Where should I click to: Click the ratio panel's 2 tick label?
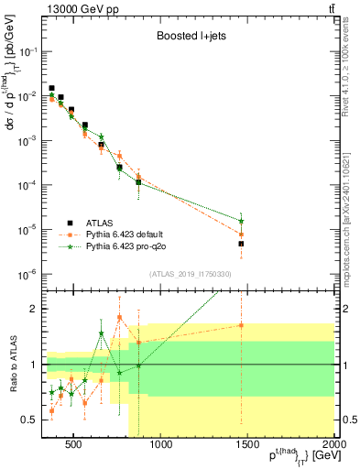click(x=33, y=309)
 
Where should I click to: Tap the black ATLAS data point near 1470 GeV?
click(x=242, y=244)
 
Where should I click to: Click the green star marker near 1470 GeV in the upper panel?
click(x=242, y=221)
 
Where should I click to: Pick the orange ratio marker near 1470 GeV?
click(x=242, y=325)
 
